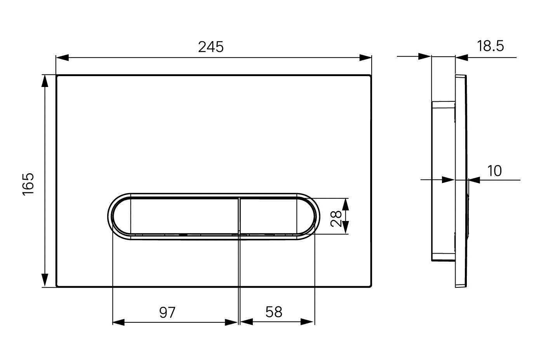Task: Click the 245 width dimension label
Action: (211, 47)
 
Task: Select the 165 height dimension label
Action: (28, 184)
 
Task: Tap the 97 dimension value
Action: (167, 313)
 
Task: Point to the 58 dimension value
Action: (274, 312)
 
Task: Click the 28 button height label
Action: (336, 219)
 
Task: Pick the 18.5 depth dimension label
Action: (490, 46)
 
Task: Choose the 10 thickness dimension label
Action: (495, 171)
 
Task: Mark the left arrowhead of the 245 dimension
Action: (62, 58)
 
